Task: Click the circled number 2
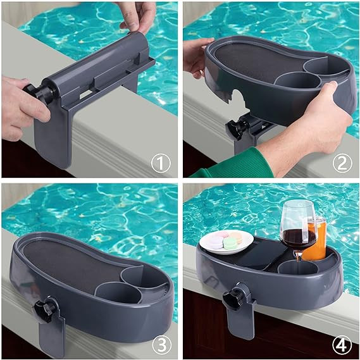342,164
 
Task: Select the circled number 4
342,345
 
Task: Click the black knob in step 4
240,294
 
